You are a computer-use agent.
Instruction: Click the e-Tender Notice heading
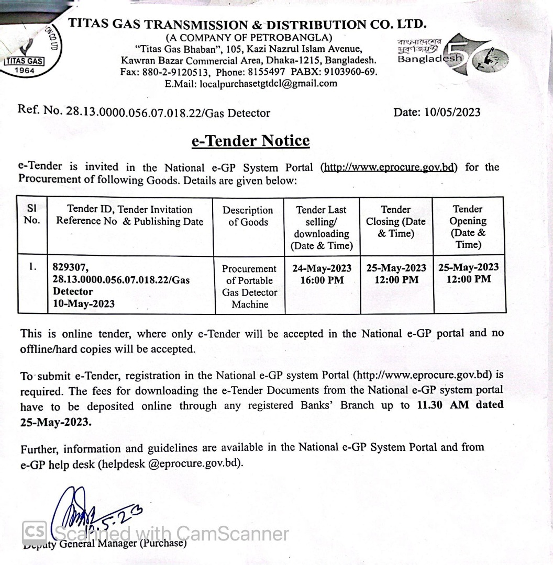[250, 141]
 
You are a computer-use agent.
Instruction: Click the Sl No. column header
[32, 214]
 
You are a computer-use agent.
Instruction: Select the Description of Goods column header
[248, 216]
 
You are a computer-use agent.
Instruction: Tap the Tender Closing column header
[395, 221]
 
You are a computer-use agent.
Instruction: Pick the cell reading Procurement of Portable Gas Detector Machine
[249, 286]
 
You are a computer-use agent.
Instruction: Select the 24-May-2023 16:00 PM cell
[322, 274]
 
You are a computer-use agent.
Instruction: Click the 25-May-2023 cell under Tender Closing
[396, 268]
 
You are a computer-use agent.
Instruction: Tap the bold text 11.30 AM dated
[460, 405]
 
